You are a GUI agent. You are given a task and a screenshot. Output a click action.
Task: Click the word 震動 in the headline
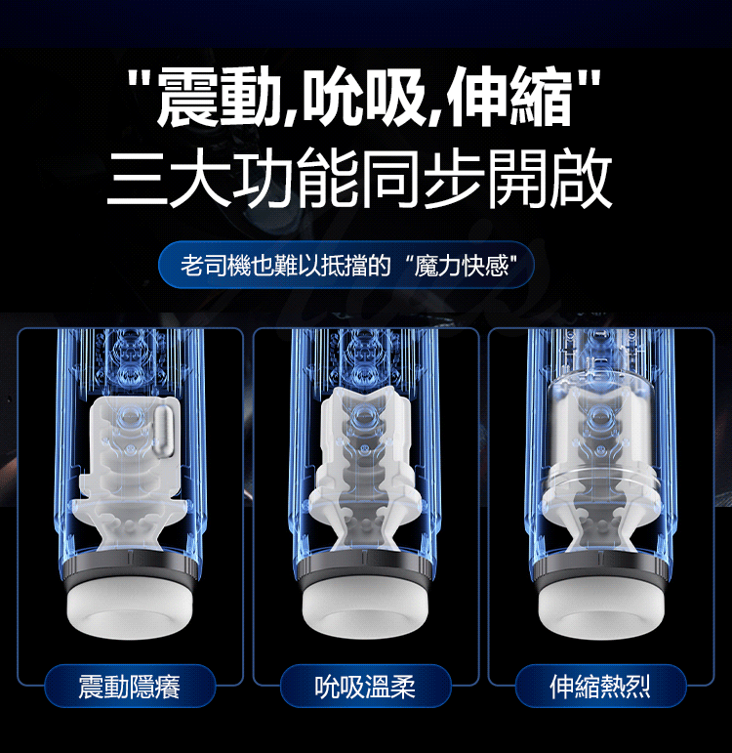(219, 98)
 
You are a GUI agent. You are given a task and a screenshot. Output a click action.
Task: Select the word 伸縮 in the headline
(509, 98)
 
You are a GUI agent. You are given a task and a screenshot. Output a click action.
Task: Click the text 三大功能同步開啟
(359, 178)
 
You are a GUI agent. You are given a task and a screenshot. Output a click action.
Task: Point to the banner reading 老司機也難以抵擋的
(286, 266)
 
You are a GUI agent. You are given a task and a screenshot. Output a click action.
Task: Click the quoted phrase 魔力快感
(461, 266)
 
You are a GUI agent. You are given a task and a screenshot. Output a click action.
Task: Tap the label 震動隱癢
(129, 687)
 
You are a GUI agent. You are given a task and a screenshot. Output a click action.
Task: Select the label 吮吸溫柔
(365, 687)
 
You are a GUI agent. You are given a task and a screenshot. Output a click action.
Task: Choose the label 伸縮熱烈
(600, 687)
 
